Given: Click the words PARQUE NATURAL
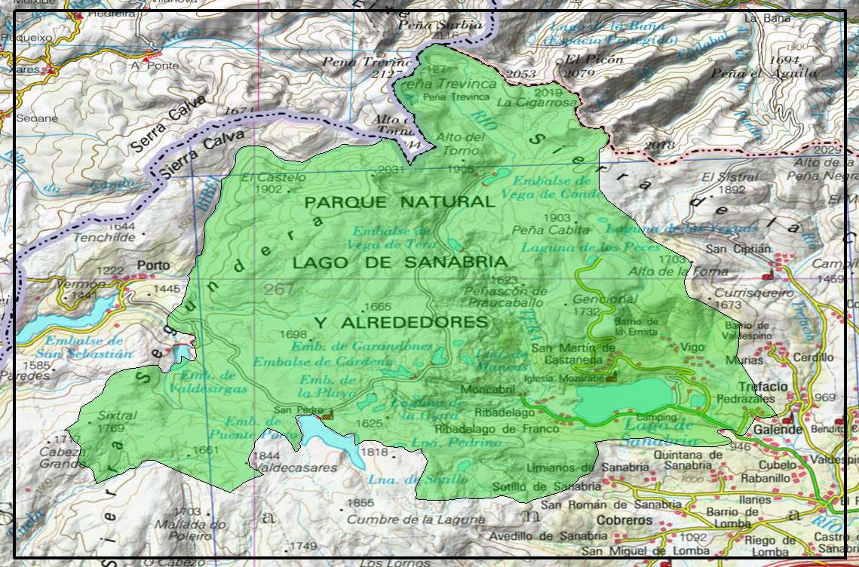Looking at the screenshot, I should [x=400, y=202].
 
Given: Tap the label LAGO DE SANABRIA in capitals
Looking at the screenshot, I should [x=400, y=262].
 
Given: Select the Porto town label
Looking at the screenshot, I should [x=154, y=265].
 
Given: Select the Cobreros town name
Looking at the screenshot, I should [x=624, y=520].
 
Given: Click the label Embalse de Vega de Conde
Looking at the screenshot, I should [x=553, y=186].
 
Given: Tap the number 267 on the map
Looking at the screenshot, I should [x=279, y=290].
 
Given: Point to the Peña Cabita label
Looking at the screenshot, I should [x=540, y=229].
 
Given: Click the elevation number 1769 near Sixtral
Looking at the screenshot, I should [x=111, y=428].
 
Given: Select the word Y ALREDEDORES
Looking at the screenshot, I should [x=400, y=322].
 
